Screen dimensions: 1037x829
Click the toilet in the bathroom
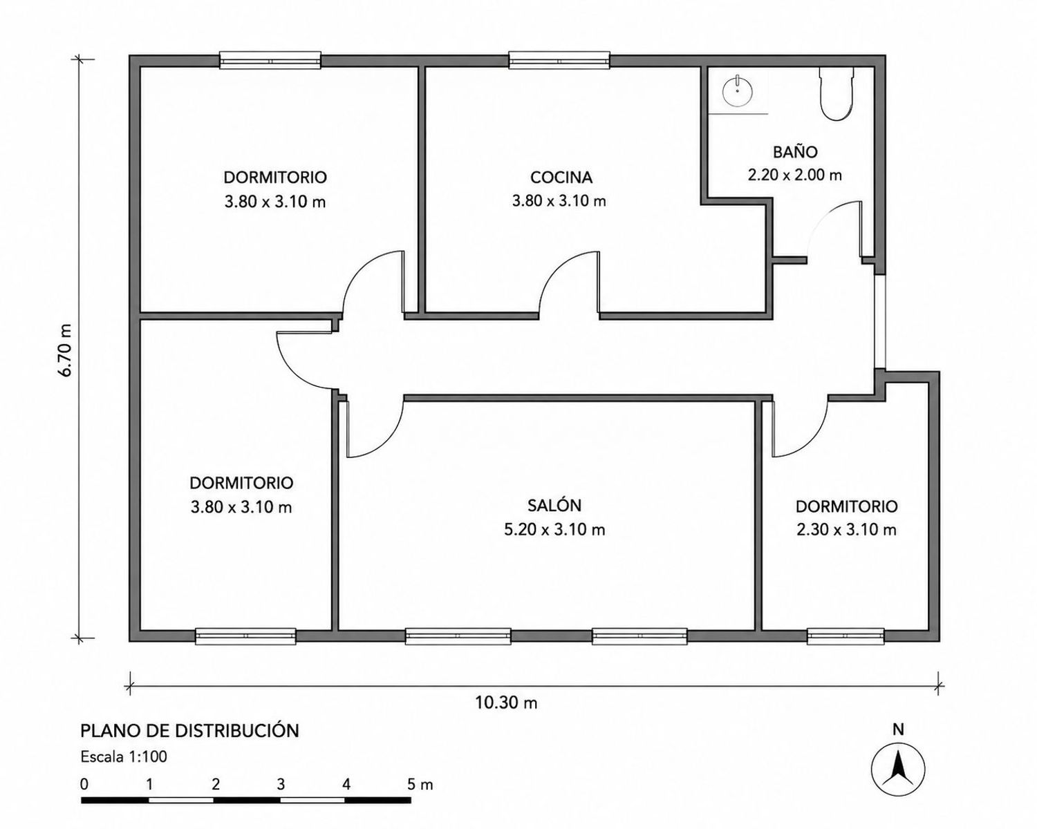tap(837, 93)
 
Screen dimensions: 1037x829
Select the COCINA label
tap(561, 178)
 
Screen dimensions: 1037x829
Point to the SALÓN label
tap(554, 505)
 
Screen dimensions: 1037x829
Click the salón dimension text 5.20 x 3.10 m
tap(554, 530)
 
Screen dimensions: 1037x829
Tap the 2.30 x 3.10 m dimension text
tap(846, 530)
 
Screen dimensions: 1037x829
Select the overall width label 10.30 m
tap(507, 703)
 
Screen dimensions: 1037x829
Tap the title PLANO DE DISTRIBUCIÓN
tap(190, 730)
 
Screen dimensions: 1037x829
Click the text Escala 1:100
tap(124, 756)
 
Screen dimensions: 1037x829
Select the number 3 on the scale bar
tap(281, 785)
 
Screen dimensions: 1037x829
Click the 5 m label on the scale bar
tap(420, 785)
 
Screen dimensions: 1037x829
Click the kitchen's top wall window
tap(559, 60)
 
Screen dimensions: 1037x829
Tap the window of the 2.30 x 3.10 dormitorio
tap(846, 636)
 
